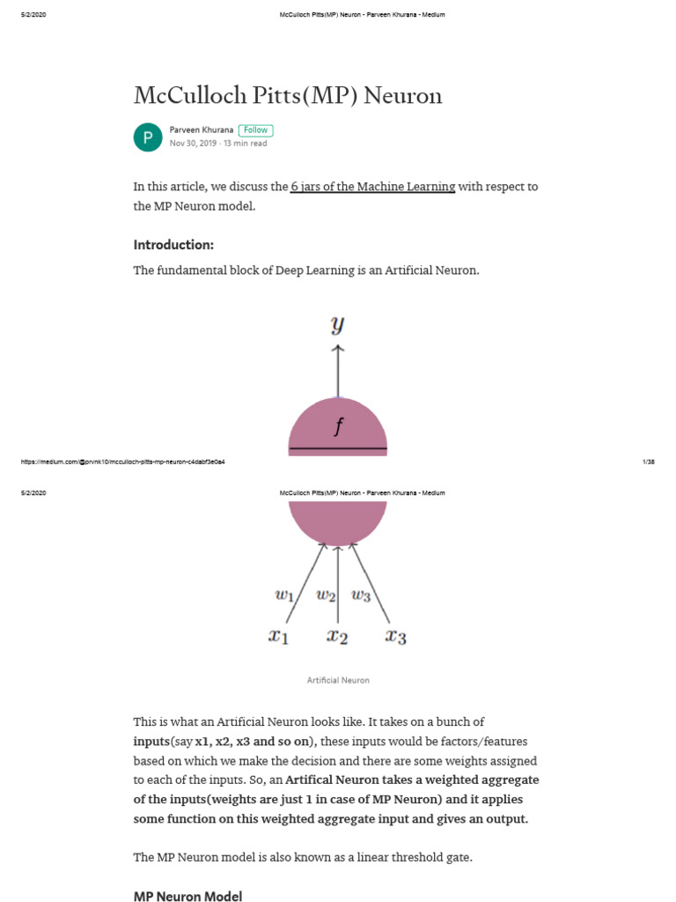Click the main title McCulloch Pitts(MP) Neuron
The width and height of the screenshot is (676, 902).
tap(287, 95)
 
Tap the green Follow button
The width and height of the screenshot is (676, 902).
tap(255, 130)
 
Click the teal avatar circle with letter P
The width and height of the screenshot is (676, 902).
tap(148, 137)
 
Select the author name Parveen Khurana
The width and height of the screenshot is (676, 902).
tap(202, 130)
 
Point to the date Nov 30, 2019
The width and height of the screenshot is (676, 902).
tap(193, 144)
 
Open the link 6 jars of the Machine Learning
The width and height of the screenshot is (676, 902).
tap(372, 187)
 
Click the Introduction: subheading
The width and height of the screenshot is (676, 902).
tap(173, 245)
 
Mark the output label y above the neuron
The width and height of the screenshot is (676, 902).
tap(337, 324)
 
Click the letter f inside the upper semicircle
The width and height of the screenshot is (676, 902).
tap(338, 427)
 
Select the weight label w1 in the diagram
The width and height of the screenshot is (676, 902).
tap(285, 595)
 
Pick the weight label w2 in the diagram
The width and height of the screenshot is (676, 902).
tap(326, 595)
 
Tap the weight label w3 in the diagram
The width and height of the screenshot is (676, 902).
tap(361, 595)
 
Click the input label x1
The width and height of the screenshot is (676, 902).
tap(278, 636)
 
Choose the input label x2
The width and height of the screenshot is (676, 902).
tap(337, 636)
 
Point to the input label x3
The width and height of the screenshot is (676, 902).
tap(395, 636)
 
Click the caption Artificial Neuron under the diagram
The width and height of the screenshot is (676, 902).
tap(338, 680)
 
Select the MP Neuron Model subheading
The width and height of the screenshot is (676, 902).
tap(187, 896)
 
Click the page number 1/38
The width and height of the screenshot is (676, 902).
tap(650, 462)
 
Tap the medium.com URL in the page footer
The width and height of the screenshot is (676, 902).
tap(121, 462)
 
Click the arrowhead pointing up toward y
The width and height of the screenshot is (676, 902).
tap(338, 349)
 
